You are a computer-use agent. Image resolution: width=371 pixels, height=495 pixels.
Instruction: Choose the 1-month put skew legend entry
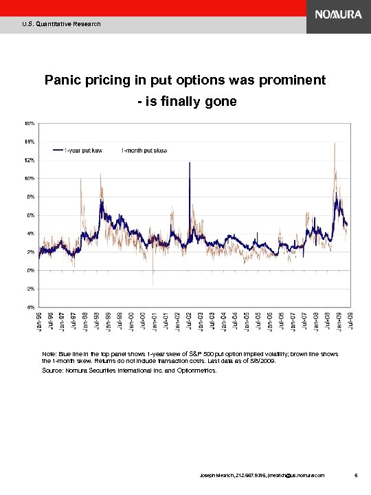click(x=144, y=150)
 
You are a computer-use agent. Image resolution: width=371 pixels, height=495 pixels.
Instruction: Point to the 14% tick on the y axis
click(x=30, y=142)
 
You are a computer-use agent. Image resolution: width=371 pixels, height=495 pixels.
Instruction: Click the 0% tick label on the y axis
click(x=31, y=270)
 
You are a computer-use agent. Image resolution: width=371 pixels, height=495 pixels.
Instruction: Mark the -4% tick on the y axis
click(x=30, y=307)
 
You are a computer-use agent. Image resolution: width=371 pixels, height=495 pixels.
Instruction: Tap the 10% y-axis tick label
click(x=30, y=178)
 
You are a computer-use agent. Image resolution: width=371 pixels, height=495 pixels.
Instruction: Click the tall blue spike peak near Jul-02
click(x=189, y=162)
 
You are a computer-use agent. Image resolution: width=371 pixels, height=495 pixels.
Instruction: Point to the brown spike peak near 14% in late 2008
click(x=334, y=143)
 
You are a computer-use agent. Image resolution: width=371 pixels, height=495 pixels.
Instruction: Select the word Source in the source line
click(x=53, y=370)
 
